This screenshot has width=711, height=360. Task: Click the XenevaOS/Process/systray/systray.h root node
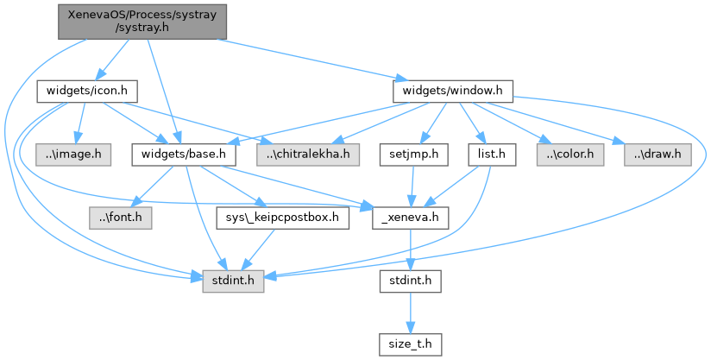tap(142, 21)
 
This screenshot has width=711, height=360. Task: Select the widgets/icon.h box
tap(88, 89)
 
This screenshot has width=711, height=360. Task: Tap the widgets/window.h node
tap(453, 89)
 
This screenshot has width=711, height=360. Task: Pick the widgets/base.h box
tap(184, 155)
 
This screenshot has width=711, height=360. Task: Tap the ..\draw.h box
tap(658, 155)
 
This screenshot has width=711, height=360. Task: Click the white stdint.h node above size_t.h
tap(410, 281)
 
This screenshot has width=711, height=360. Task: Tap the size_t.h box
tap(410, 344)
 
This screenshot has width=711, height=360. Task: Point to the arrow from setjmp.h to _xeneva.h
tap(412, 186)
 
